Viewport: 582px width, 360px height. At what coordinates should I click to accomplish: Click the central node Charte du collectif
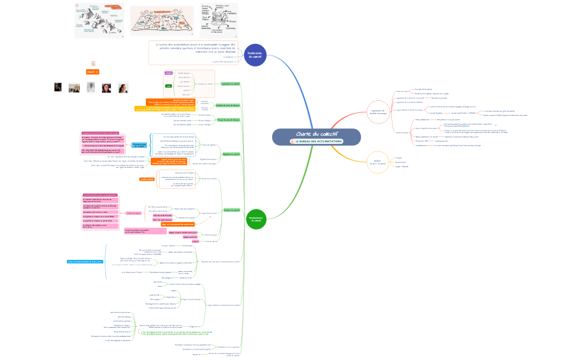316,134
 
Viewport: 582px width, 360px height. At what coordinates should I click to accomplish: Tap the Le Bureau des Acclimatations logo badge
316,141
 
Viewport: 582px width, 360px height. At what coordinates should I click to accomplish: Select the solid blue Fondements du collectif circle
256,55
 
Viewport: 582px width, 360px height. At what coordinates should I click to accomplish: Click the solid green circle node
256,219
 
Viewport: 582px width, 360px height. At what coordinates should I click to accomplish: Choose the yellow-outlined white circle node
377,162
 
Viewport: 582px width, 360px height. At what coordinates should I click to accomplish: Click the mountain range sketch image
100,20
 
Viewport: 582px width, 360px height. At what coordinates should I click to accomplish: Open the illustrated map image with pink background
162,21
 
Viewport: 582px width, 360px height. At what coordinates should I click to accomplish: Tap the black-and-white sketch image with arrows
218,20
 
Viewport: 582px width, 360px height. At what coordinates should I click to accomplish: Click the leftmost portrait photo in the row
57,88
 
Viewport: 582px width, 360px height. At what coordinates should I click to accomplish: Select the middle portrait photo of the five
90,88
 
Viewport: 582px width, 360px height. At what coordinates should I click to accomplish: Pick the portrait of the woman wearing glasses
106,88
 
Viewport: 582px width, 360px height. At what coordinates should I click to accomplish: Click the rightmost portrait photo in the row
123,88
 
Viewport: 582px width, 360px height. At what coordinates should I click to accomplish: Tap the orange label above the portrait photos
93,72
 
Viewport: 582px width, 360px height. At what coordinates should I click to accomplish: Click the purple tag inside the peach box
169,73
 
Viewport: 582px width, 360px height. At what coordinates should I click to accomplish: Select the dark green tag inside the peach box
169,86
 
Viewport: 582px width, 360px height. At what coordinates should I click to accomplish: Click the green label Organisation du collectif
230,84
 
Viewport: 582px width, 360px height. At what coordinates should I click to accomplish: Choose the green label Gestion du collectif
231,210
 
